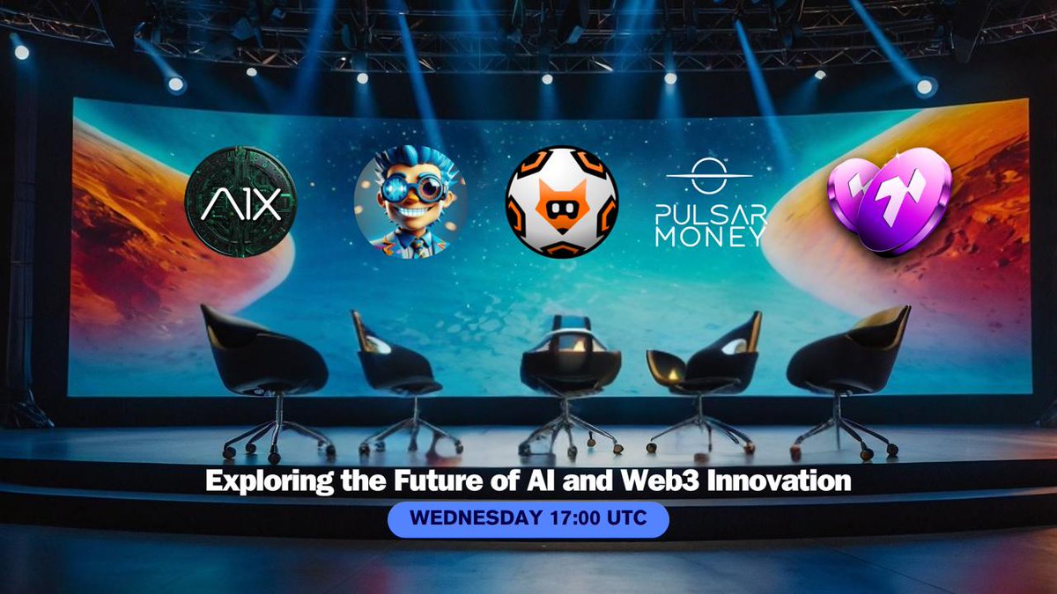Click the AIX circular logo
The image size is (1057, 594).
coord(240,202)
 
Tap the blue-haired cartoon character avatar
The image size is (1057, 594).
coord(410,202)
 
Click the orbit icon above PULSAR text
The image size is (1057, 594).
coord(709,174)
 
